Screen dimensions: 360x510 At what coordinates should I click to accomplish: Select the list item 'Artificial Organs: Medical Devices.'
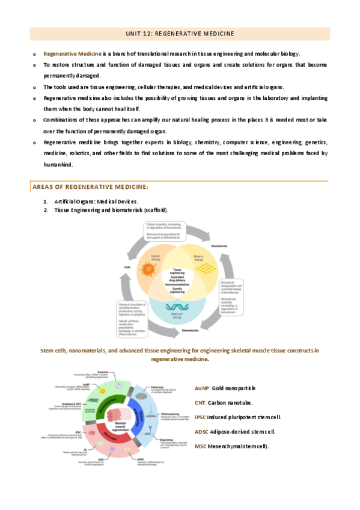[x=96, y=201]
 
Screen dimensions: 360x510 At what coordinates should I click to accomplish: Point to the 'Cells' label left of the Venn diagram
[x=127, y=267]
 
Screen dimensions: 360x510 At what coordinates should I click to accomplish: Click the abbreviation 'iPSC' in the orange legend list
[x=201, y=417]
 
